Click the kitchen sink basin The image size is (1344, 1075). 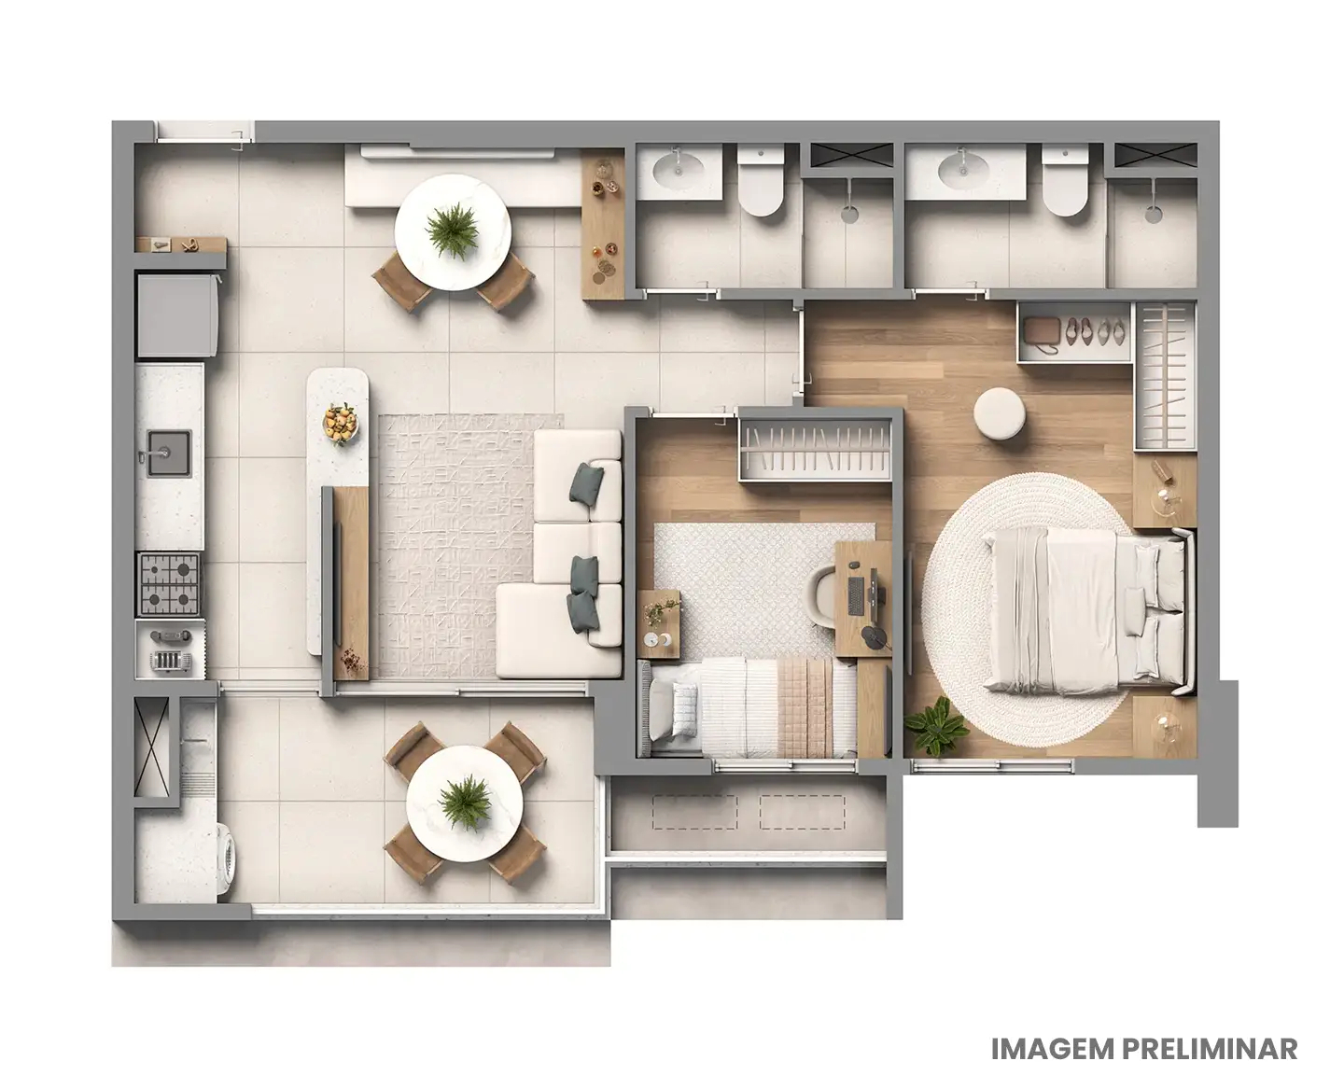pos(167,454)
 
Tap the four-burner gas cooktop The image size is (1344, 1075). pos(169,582)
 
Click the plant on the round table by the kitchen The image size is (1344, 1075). pos(453,230)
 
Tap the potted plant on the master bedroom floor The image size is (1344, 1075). pos(936,727)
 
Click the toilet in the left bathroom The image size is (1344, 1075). pos(760,188)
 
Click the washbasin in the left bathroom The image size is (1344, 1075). pos(679,169)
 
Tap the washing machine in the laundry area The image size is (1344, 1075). pos(227,860)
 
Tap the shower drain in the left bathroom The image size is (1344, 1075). pos(848,214)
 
